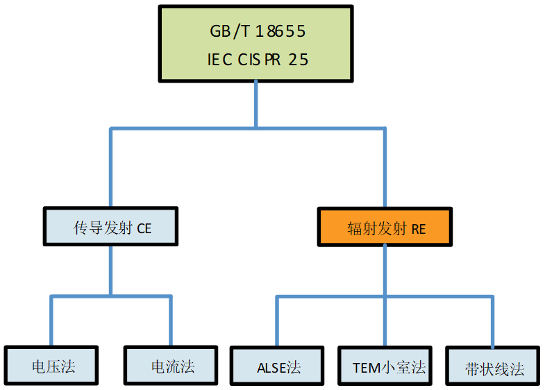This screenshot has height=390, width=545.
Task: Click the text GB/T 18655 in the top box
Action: coord(257,32)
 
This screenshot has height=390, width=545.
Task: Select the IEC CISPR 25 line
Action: coord(257,60)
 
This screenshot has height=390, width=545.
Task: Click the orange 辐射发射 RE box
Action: coord(385,228)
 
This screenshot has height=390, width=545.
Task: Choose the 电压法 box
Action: coord(53,366)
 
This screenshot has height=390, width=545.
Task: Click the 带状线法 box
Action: coord(494,368)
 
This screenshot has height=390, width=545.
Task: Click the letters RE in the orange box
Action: coord(418,228)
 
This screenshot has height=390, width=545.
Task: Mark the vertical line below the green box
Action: coord(256,104)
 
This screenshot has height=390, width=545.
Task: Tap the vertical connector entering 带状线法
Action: coord(493,322)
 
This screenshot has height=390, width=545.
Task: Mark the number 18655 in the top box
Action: coord(281,32)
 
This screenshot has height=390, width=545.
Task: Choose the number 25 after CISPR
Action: coord(299,60)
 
